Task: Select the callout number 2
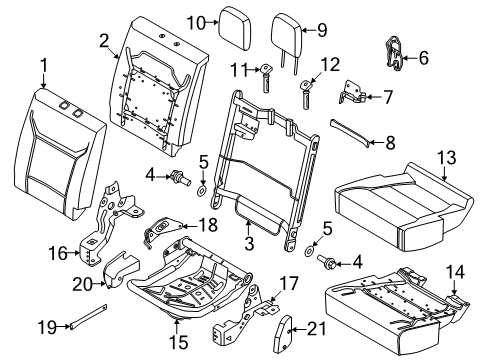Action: (x=103, y=40)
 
